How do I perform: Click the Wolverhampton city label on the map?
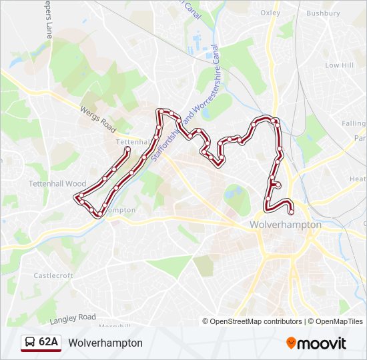click(x=285, y=225)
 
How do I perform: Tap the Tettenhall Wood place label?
click(x=57, y=183)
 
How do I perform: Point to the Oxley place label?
click(x=270, y=13)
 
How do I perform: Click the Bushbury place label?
click(x=323, y=13)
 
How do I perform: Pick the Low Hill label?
click(x=339, y=65)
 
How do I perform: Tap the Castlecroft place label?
click(x=53, y=275)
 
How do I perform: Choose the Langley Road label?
click(x=73, y=318)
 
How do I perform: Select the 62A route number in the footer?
click(x=49, y=342)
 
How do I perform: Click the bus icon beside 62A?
click(x=31, y=343)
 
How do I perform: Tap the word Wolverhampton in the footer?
click(x=105, y=343)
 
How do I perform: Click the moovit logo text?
click(x=322, y=343)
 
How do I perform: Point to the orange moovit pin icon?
click(x=292, y=343)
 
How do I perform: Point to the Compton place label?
click(x=121, y=210)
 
